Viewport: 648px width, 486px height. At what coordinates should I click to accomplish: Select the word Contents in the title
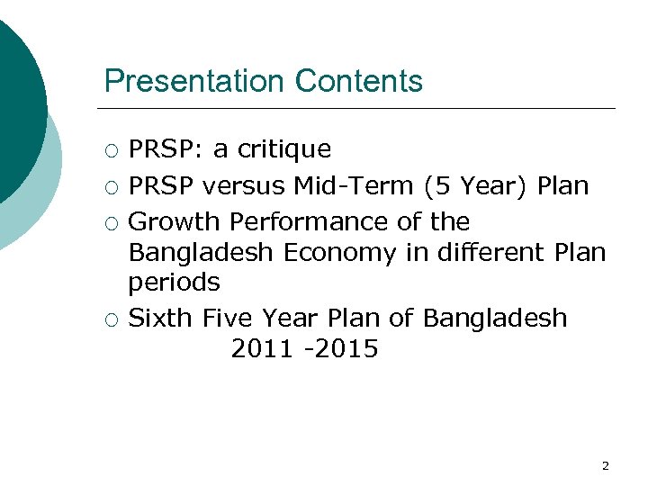click(358, 82)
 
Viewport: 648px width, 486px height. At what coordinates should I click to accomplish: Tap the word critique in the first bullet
click(283, 149)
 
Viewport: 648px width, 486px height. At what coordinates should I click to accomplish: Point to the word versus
click(245, 186)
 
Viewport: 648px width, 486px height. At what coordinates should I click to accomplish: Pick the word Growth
click(175, 222)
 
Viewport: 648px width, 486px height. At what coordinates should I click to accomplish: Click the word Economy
click(339, 253)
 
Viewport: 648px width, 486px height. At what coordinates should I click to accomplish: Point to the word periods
click(174, 283)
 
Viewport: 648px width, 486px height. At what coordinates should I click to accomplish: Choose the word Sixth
click(161, 319)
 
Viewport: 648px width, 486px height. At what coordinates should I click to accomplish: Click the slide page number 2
click(605, 465)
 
